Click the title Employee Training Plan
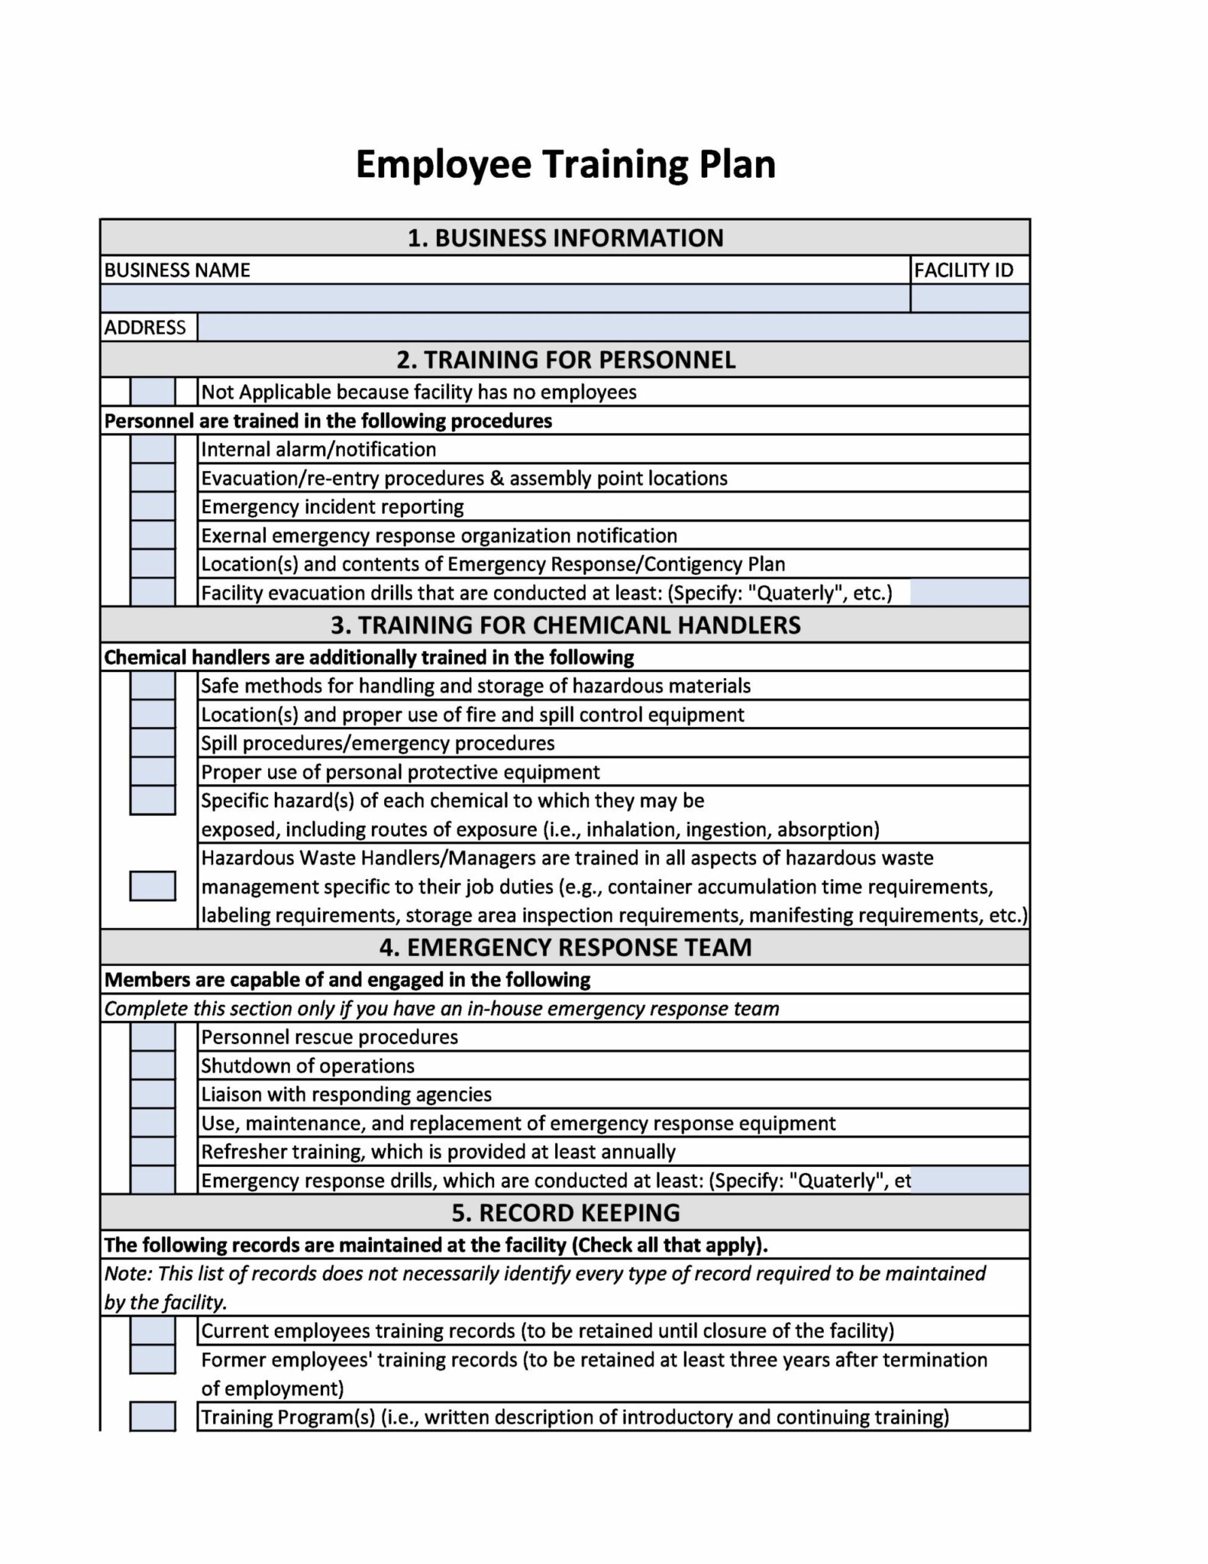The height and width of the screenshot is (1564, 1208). pyautogui.click(x=565, y=164)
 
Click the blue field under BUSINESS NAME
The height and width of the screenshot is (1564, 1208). pyautogui.click(x=504, y=298)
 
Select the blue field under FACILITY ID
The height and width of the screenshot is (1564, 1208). pyautogui.click(x=969, y=298)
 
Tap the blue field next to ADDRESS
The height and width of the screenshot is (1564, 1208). pyautogui.click(x=612, y=327)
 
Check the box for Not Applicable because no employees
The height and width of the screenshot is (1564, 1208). pyautogui.click(x=153, y=392)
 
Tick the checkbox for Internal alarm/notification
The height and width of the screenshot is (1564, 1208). pyautogui.click(x=153, y=449)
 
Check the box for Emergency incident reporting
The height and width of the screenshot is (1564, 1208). pyautogui.click(x=153, y=506)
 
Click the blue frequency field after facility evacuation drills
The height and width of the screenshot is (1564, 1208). pyautogui.click(x=969, y=593)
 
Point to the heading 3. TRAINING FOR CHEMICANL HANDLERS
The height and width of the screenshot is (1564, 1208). pyautogui.click(x=565, y=625)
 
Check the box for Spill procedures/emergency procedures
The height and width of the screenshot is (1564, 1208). pyautogui.click(x=153, y=743)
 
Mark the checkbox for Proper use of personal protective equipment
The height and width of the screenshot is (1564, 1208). pyautogui.click(x=153, y=771)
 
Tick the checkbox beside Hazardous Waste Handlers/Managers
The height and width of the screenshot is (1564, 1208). pyautogui.click(x=153, y=886)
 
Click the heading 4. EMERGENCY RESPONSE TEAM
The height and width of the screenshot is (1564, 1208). pyautogui.click(x=565, y=947)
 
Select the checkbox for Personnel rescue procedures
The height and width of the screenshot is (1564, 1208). pyautogui.click(x=153, y=1037)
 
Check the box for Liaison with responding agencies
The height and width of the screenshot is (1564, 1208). pyautogui.click(x=153, y=1094)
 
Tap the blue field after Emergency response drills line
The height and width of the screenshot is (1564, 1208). pyautogui.click(x=969, y=1181)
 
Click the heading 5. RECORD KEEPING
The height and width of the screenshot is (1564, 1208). pyautogui.click(x=565, y=1213)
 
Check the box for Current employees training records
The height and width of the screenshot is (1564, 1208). pyautogui.click(x=153, y=1331)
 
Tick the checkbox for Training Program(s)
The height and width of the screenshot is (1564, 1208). pyautogui.click(x=153, y=1417)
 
